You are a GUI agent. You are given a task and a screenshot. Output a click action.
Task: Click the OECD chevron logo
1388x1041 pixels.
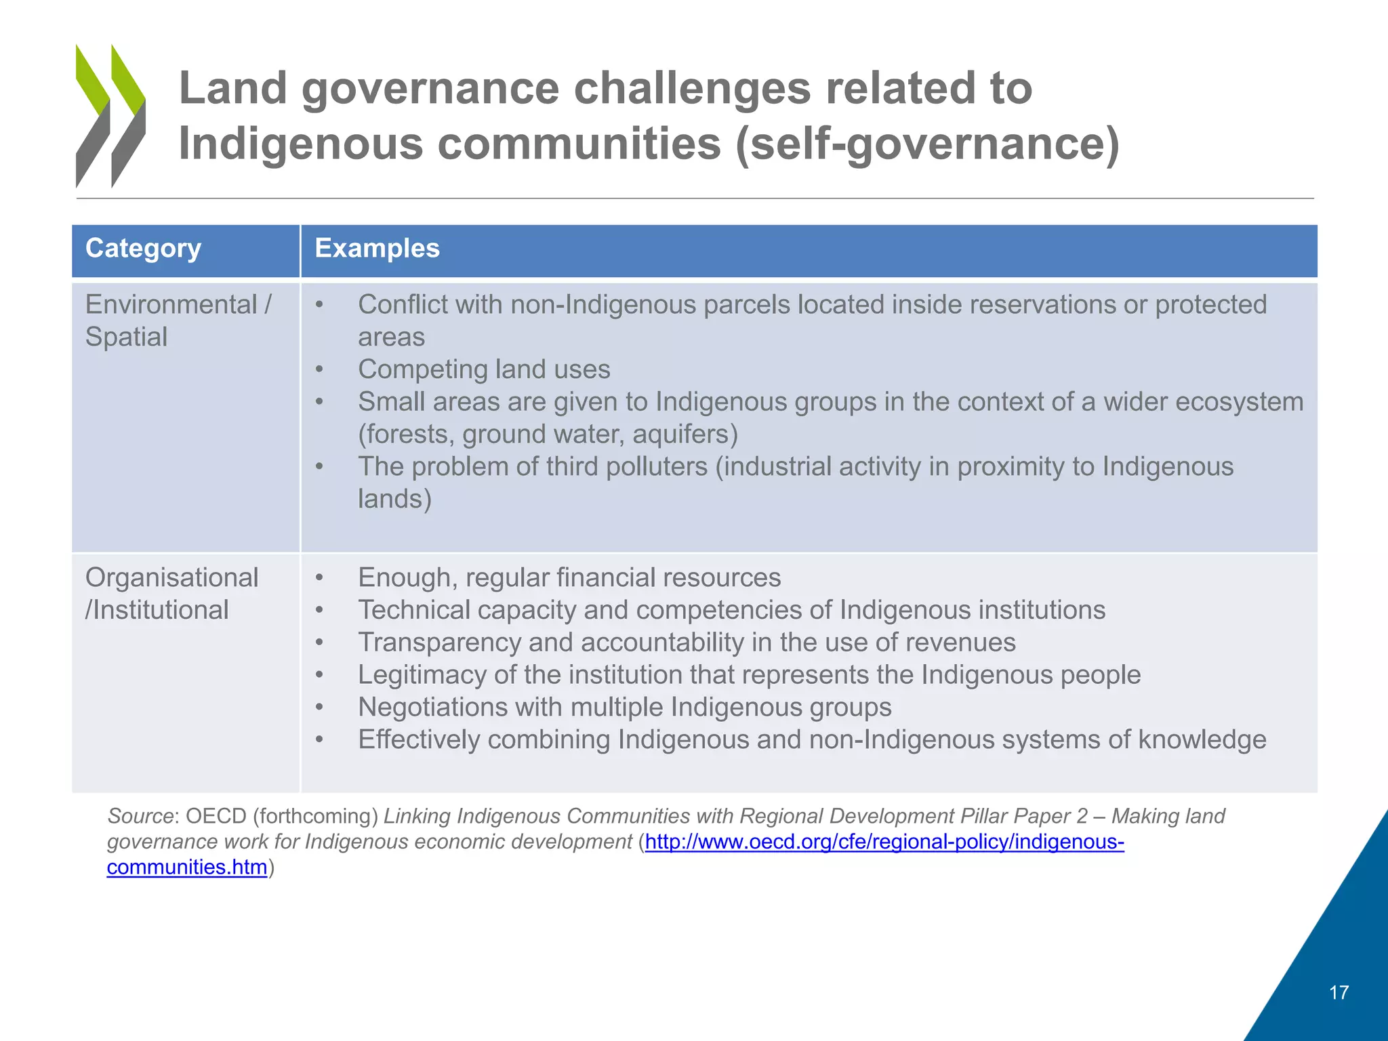[110, 116]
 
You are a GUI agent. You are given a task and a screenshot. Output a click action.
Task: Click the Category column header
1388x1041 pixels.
[143, 249]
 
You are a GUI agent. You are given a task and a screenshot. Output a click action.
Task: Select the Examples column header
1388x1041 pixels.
[377, 249]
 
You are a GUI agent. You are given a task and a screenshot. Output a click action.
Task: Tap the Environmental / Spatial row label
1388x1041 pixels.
[178, 321]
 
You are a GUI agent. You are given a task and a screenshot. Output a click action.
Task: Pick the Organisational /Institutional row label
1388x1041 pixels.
[171, 594]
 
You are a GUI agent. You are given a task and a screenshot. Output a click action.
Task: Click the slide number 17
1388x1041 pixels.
[1339, 993]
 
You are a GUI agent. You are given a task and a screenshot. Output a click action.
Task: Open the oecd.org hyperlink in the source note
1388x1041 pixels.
[884, 842]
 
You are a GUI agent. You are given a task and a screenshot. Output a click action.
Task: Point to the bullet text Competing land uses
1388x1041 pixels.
[484, 369]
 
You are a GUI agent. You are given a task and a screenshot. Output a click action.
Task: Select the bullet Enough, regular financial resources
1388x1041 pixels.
[569, 577]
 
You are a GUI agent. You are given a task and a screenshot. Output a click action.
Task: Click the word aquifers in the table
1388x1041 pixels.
[685, 434]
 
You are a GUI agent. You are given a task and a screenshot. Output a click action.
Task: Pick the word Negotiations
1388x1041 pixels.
[432, 707]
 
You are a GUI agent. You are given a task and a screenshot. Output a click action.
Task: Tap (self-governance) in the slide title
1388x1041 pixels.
[927, 144]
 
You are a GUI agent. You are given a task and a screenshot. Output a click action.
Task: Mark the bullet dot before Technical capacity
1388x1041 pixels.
[319, 611]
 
